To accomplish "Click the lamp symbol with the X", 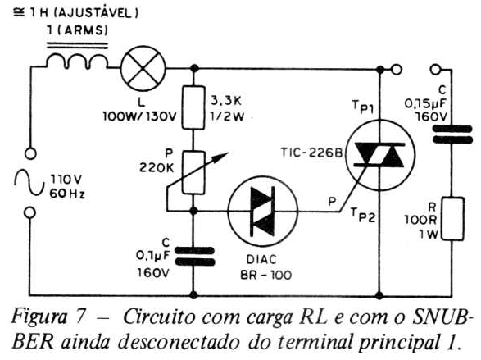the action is click(x=143, y=68).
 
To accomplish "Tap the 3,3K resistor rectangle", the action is click(x=193, y=107).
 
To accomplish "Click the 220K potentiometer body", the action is click(x=193, y=173).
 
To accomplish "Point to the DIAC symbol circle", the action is click(x=262, y=211).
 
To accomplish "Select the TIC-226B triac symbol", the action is click(x=380, y=155).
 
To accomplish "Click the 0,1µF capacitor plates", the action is click(x=194, y=256).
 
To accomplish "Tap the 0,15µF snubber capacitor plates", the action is click(x=452, y=134).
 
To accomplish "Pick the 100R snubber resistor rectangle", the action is click(x=452, y=219).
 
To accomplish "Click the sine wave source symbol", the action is click(x=29, y=183).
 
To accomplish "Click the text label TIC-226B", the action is click(x=311, y=153).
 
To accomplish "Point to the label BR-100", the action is click(x=266, y=275).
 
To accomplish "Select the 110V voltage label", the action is click(x=66, y=180).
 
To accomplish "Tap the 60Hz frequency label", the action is click(x=67, y=194).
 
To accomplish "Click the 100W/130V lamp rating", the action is click(x=140, y=116).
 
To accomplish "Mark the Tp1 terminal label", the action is click(x=362, y=107).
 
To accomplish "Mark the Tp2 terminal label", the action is click(x=363, y=215).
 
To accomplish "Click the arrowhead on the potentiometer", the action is click(x=221, y=157).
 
